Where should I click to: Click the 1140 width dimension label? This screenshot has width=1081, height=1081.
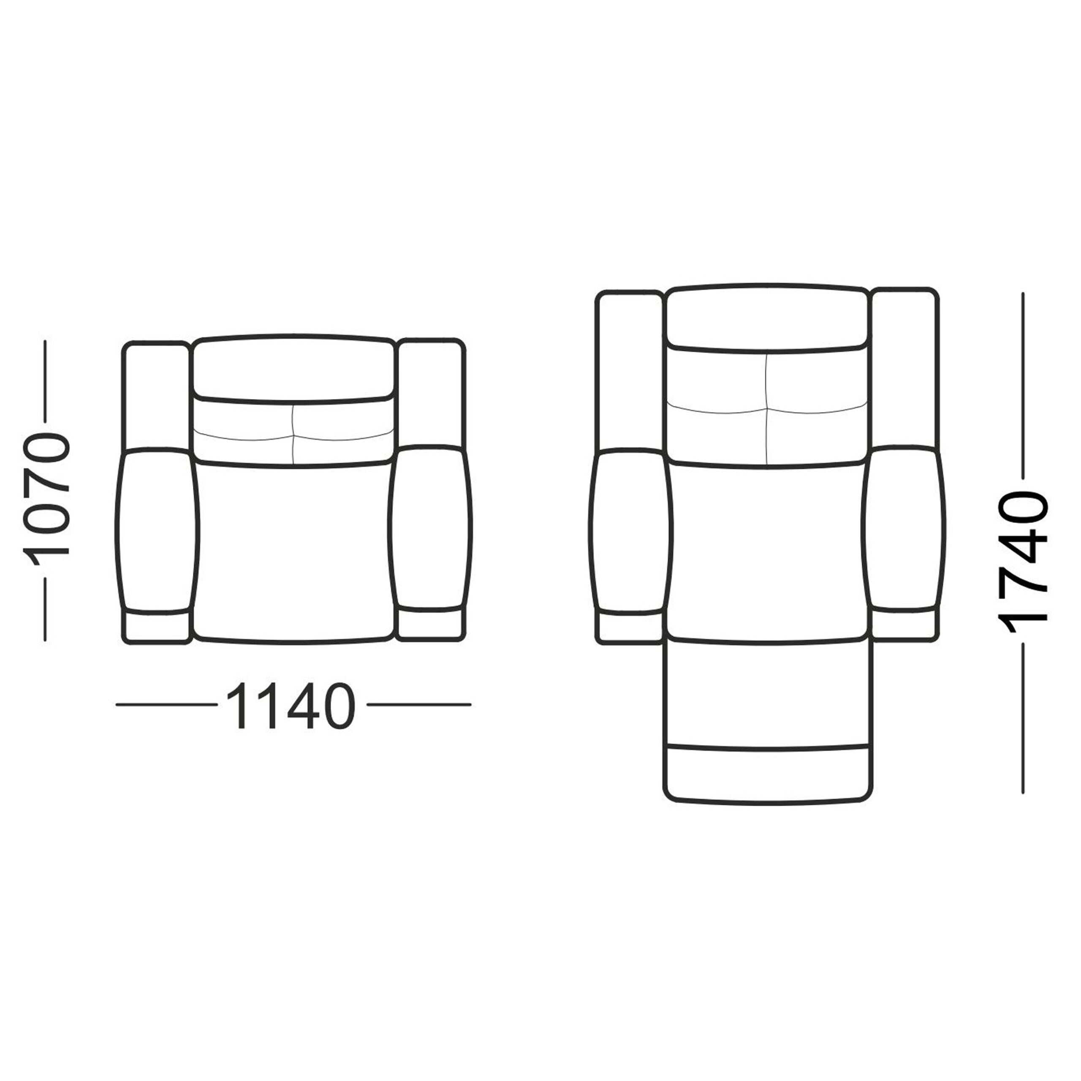pos(291,706)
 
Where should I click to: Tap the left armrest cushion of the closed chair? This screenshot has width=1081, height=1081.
pos(157,529)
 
